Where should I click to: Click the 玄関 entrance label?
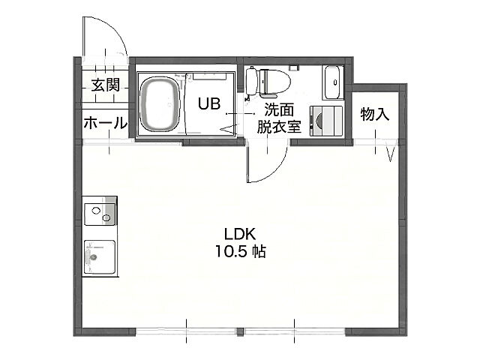pos(106,85)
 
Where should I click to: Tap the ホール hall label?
pos(105,123)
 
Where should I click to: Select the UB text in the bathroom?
pos(209,103)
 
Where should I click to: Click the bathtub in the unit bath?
pos(159,105)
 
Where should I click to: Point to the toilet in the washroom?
pos(268,82)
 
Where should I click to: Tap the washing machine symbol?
pos(325,121)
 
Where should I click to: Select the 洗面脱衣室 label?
pos(279,118)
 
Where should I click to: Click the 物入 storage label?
pos(375,115)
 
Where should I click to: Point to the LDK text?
pos(240,235)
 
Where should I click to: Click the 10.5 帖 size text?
pos(240,252)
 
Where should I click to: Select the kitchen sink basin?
pos(100,257)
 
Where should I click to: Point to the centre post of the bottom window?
pos(240,331)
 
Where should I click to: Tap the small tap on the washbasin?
pos(335,82)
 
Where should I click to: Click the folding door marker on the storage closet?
pos(390,151)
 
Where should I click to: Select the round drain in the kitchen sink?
pos(93,257)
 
